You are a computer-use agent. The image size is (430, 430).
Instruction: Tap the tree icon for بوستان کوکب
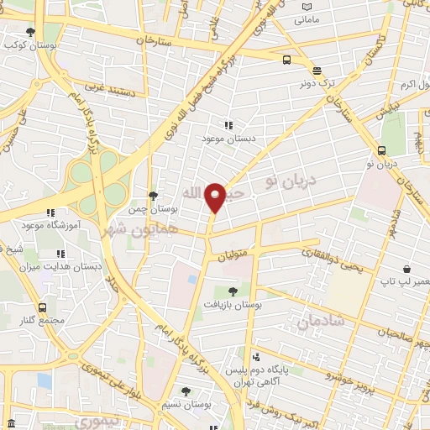coord(31,32)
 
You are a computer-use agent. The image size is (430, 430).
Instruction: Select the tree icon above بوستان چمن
coord(152,195)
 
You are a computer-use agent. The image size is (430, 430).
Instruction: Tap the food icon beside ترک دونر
coord(316,71)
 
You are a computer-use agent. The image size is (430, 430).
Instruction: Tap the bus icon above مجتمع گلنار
coord(42,308)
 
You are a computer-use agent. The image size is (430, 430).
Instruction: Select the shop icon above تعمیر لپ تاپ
coord(406,268)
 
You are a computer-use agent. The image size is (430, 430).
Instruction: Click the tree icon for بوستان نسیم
coord(186,391)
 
